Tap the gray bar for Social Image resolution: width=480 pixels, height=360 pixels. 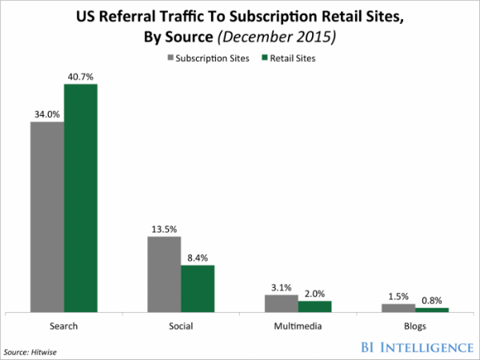click(164, 274)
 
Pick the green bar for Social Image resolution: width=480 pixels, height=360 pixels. click(198, 288)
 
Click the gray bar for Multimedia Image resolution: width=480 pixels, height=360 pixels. click(282, 302)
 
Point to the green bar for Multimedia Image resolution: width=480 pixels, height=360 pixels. click(314, 306)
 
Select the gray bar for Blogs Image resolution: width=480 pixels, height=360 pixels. click(398, 307)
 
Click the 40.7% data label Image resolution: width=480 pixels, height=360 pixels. click(81, 76)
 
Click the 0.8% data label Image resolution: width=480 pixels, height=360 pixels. click(433, 300)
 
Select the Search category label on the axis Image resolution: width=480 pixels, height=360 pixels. click(64, 326)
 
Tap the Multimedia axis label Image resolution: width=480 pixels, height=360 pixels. click(298, 326)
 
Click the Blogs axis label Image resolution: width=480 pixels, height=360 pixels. click(415, 326)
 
